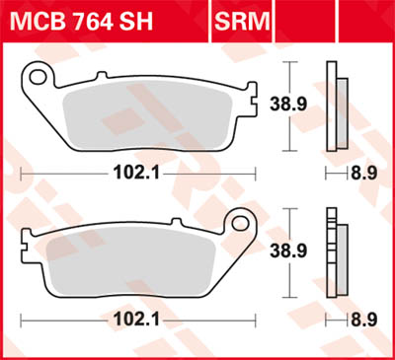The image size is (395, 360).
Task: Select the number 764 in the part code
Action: point(94,20)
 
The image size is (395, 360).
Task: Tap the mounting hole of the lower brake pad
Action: point(238,222)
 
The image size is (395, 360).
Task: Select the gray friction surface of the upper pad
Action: point(148,114)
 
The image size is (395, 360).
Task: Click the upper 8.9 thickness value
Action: point(364,172)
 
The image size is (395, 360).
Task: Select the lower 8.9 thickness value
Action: point(364,321)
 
